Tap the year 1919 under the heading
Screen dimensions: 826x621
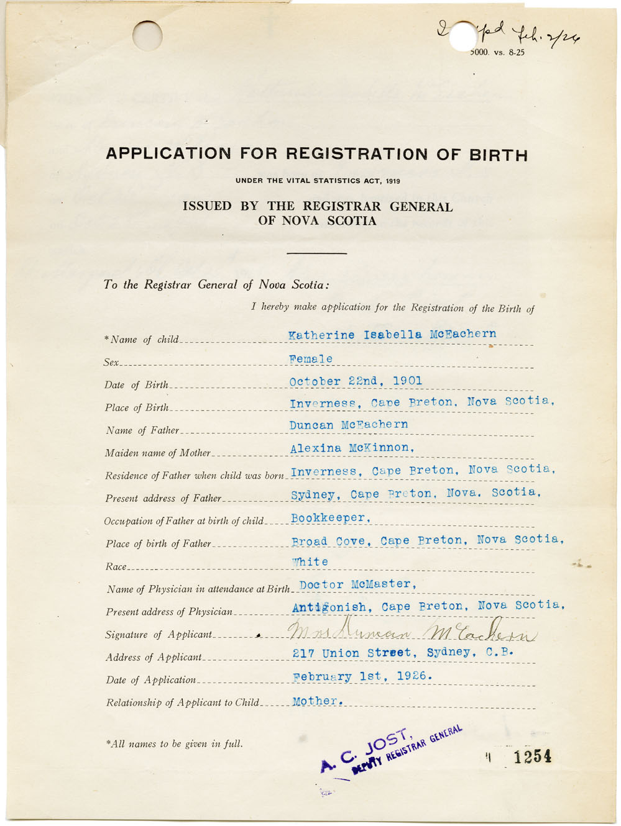[x=392, y=181]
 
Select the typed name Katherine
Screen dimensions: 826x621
[x=321, y=335]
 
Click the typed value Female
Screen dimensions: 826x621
[x=311, y=359]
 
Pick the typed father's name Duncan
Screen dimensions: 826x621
[x=311, y=425]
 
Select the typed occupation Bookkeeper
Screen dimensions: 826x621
[x=330, y=518]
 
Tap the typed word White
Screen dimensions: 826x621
[x=310, y=562]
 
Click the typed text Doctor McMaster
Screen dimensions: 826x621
[x=357, y=584]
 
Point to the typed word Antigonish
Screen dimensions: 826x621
[x=329, y=607]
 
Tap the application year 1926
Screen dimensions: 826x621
[x=413, y=676]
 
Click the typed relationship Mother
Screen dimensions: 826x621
[x=317, y=701]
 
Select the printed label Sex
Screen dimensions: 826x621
[x=111, y=362]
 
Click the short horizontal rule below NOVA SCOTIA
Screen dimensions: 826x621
[x=316, y=253]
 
